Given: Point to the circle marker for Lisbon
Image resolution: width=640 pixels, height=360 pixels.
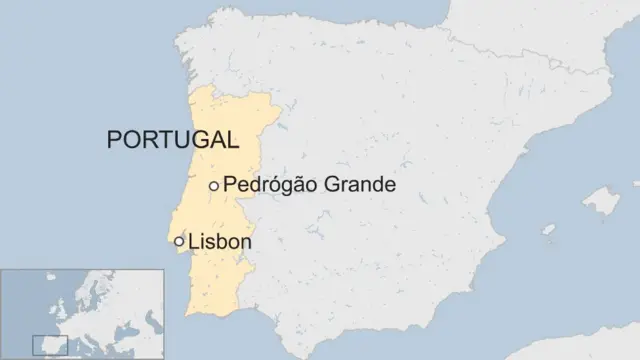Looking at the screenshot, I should tap(179, 241).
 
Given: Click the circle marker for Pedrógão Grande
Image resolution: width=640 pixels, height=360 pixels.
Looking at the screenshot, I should tap(213, 186).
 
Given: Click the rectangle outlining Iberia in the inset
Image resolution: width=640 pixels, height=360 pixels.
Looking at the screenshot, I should tap(50, 346).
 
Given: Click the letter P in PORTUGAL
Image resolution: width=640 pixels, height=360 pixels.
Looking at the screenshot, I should tap(114, 139).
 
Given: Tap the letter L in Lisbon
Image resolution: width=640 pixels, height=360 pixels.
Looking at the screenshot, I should tap(193, 241).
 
